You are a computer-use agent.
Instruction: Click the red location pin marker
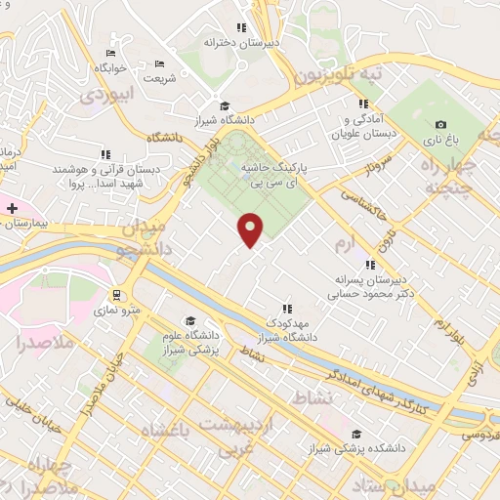coord(251,229)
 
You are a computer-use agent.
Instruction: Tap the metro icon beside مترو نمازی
coord(116,294)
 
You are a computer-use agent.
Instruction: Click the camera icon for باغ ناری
coord(441,125)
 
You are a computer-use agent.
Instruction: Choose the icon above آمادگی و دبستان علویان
coord(363,104)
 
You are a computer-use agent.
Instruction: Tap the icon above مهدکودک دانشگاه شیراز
coord(286,309)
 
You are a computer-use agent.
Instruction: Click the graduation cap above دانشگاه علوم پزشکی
coord(190,321)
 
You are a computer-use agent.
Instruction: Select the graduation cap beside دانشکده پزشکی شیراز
coord(356,434)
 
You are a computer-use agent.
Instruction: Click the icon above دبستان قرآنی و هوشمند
coord(105,153)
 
